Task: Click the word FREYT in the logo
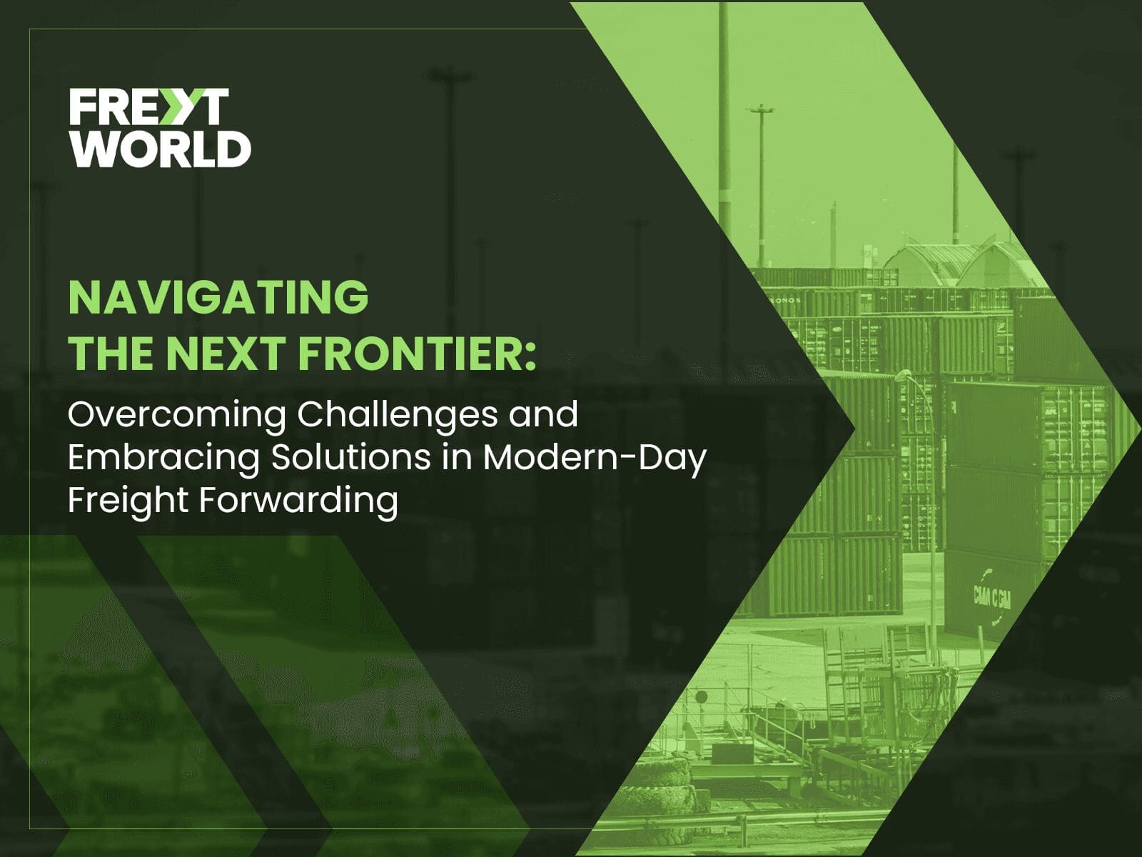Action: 148,106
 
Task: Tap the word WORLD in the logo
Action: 161,149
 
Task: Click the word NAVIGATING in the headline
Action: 218,297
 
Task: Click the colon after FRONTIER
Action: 530,357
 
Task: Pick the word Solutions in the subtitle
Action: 351,457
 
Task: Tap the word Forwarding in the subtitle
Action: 298,501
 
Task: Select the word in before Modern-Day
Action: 458,457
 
